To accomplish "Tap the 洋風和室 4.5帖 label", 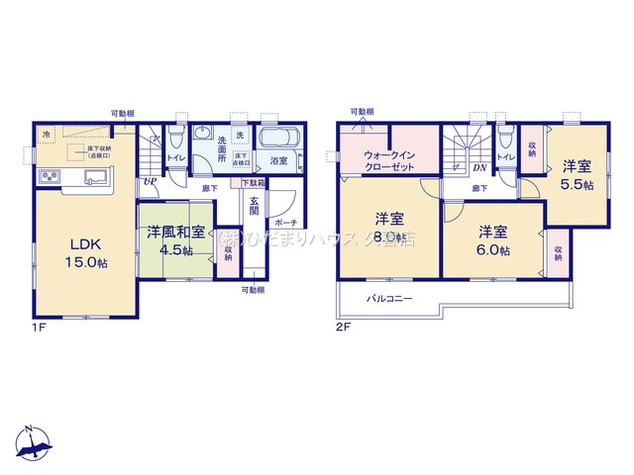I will (x=175, y=241).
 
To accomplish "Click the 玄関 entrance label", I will (x=255, y=205).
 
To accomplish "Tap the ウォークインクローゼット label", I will (x=389, y=160).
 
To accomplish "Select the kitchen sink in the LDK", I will (x=97, y=177).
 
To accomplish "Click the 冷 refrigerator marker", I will (x=45, y=133).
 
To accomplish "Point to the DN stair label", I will (x=477, y=169).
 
